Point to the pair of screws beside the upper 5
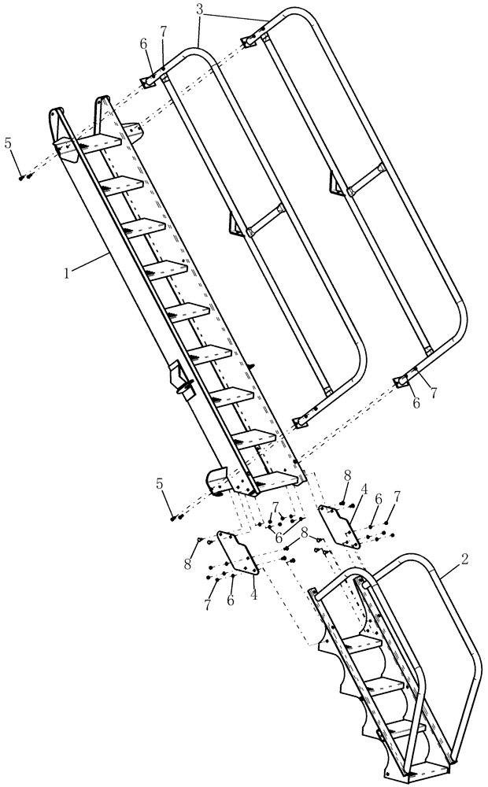[26, 177]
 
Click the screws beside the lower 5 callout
[176, 516]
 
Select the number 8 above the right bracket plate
[346, 477]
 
